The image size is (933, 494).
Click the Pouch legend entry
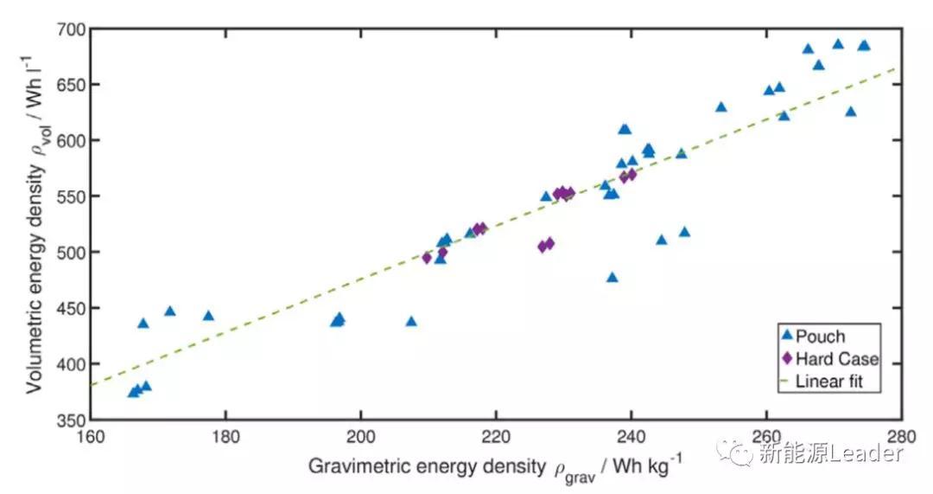click(x=820, y=337)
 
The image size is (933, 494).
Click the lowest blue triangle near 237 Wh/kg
click(x=612, y=278)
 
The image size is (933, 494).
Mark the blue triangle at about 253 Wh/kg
click(x=721, y=107)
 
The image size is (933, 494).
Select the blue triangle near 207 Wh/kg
click(x=411, y=322)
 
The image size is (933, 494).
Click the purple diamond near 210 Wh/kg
click(x=427, y=258)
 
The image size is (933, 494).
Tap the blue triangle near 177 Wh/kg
click(x=208, y=316)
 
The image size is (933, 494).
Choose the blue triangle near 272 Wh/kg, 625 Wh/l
click(x=851, y=112)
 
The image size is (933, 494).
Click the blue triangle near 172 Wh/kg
click(x=170, y=311)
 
